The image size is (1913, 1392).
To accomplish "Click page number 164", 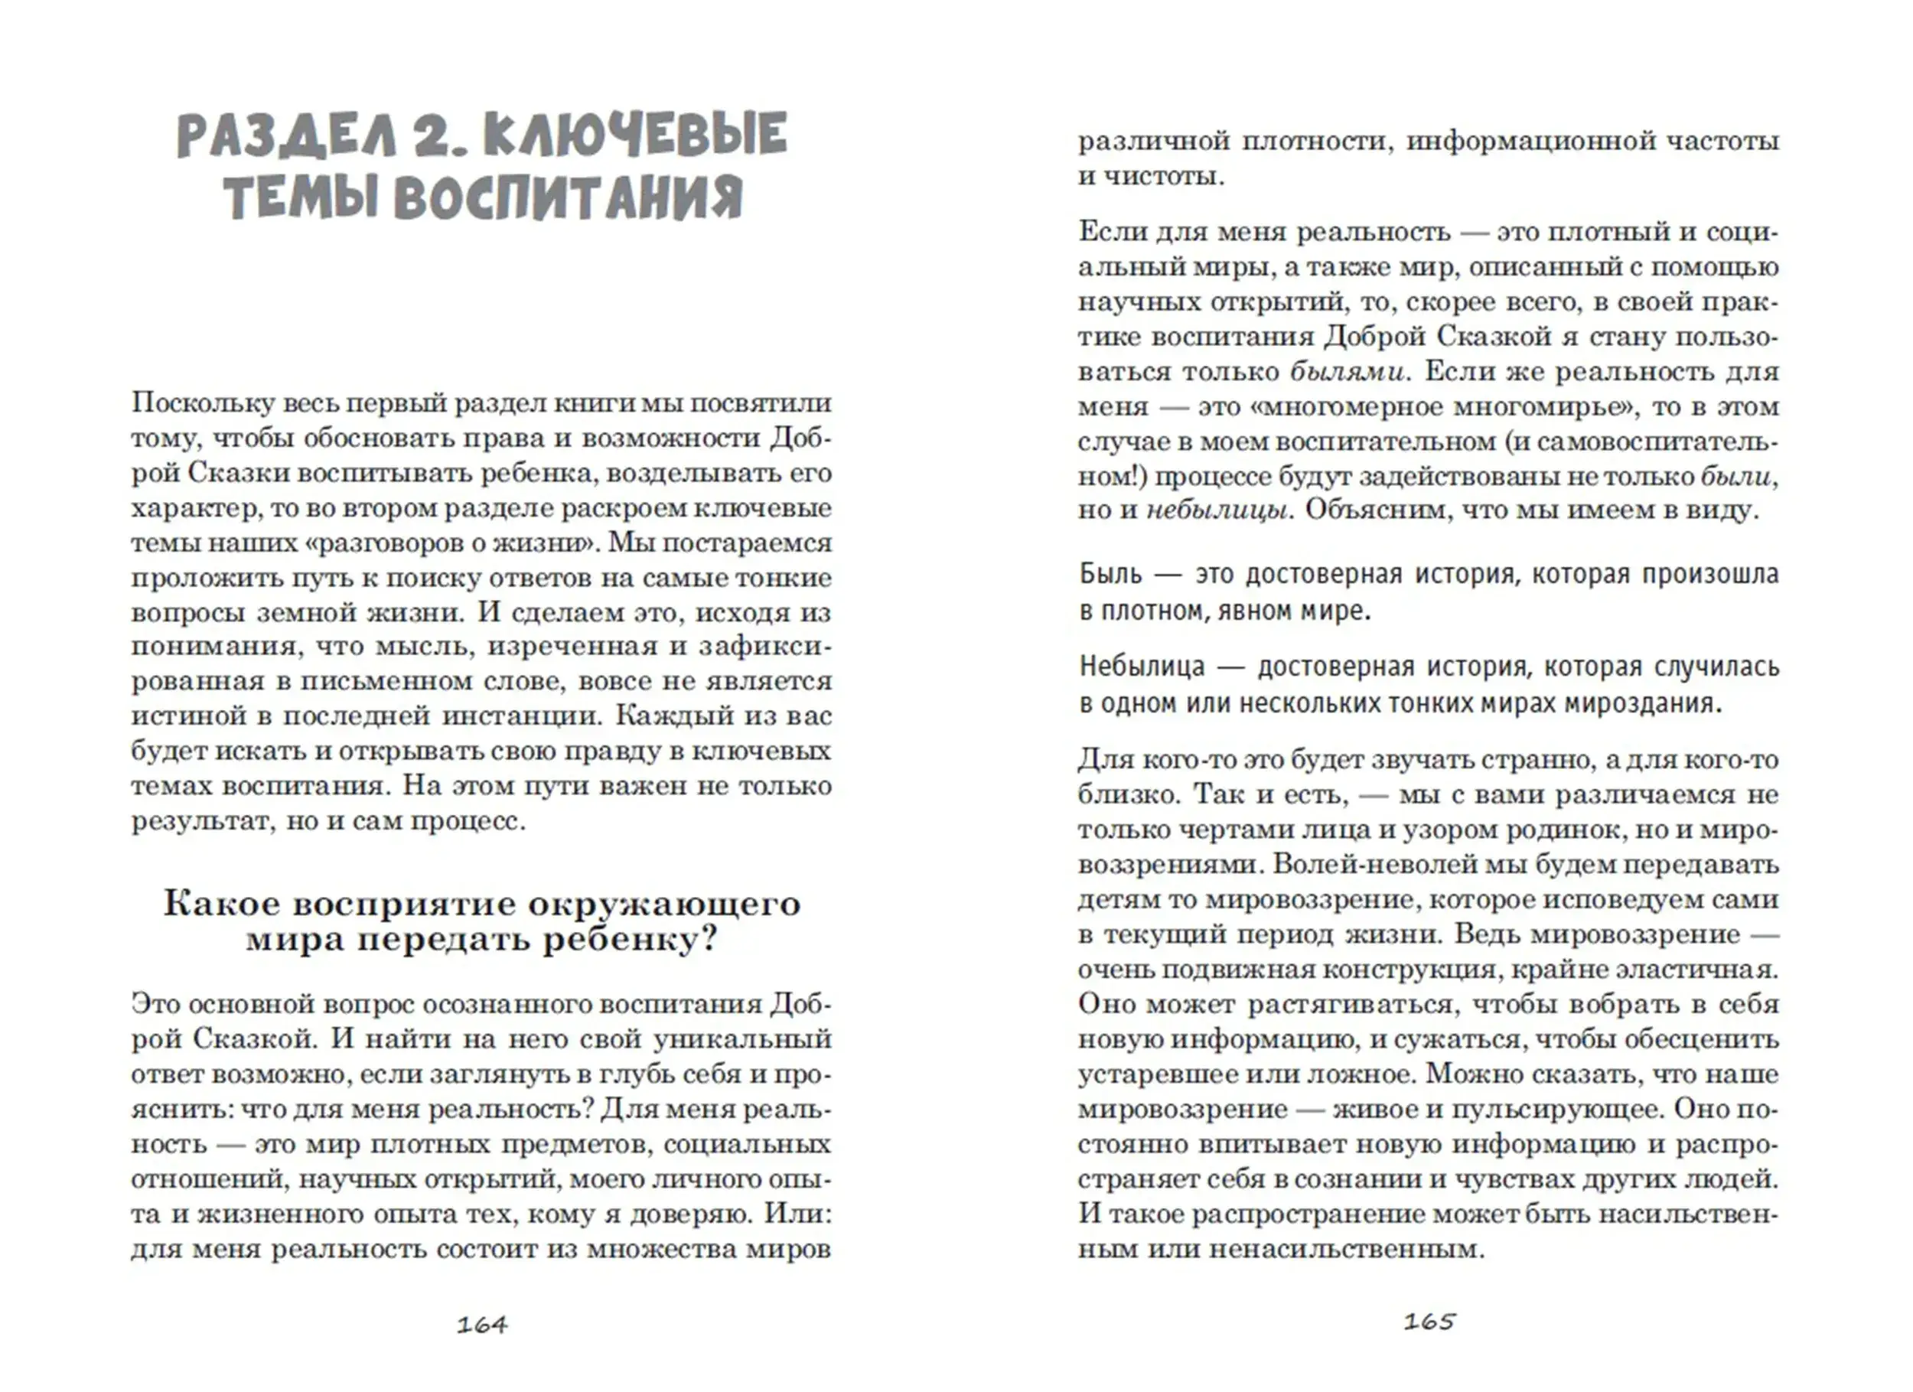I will (481, 1325).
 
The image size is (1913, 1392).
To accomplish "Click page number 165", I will (1429, 1321).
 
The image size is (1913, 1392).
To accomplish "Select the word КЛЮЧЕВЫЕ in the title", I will (636, 135).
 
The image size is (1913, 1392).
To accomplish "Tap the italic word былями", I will (1347, 372).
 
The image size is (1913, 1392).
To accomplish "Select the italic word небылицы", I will (1217, 510).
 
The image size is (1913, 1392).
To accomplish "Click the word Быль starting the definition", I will (1111, 575).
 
